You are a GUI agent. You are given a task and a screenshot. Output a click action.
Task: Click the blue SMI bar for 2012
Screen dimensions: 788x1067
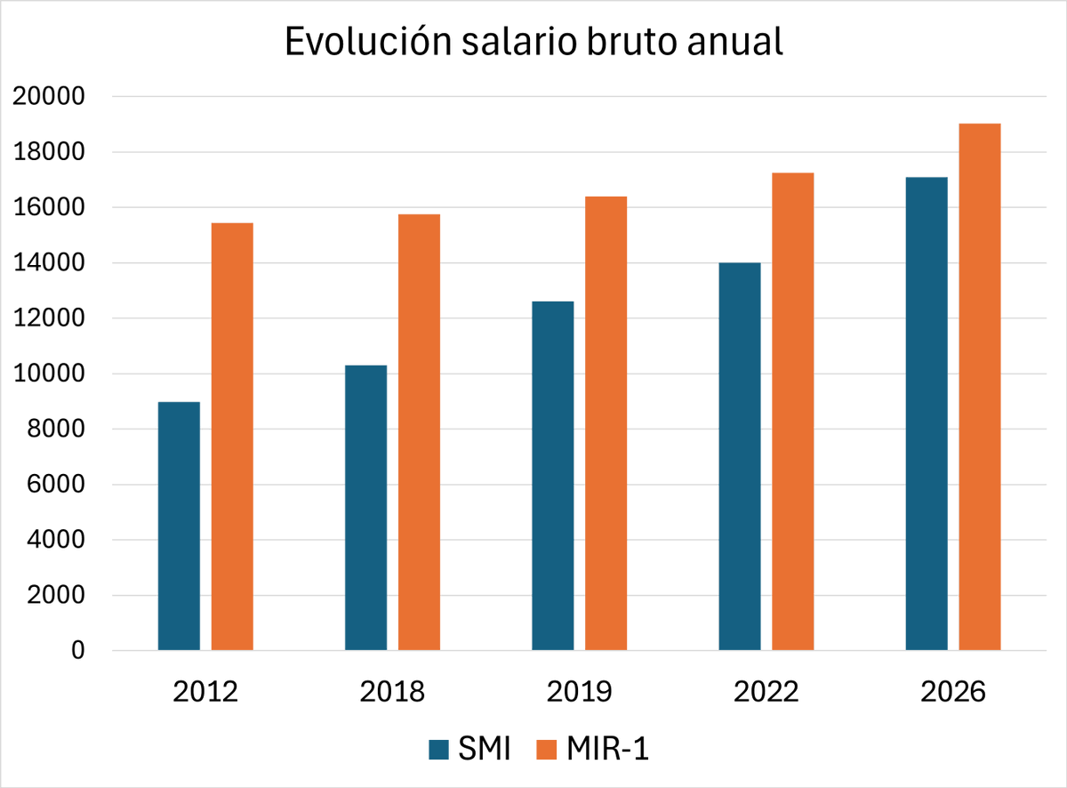click(x=179, y=526)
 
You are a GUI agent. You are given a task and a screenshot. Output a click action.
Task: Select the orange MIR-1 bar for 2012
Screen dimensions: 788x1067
click(x=232, y=437)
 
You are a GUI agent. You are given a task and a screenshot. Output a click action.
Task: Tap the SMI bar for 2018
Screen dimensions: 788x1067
click(x=365, y=508)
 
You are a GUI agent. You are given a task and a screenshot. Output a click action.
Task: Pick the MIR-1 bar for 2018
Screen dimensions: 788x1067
click(x=419, y=432)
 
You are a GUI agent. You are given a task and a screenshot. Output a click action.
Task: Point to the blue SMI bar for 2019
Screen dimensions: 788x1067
click(x=552, y=476)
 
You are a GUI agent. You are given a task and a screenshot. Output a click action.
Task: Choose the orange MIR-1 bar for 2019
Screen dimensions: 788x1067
click(x=606, y=423)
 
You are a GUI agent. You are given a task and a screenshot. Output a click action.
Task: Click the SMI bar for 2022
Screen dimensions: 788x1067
click(x=740, y=456)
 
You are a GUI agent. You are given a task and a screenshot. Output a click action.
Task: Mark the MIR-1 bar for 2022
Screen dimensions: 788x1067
click(x=793, y=411)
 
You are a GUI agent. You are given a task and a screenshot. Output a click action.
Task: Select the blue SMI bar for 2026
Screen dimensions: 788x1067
click(x=927, y=414)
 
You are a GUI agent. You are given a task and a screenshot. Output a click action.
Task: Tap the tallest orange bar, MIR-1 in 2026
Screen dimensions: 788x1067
click(x=980, y=387)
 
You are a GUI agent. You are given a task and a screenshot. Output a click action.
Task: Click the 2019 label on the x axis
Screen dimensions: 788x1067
click(x=580, y=692)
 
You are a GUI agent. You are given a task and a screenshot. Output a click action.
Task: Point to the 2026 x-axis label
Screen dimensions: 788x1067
click(x=953, y=692)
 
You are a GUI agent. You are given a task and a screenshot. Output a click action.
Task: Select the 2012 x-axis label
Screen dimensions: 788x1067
click(x=205, y=692)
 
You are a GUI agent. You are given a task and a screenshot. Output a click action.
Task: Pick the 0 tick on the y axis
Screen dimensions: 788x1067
click(x=78, y=651)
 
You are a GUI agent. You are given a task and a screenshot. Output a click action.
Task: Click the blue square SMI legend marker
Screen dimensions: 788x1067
click(x=439, y=749)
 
